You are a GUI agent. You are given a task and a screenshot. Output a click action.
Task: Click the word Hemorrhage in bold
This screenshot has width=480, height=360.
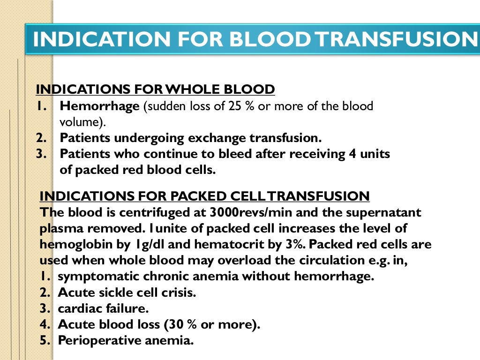tap(100, 106)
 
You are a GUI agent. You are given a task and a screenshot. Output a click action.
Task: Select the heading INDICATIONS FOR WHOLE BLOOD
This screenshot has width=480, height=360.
tap(155, 90)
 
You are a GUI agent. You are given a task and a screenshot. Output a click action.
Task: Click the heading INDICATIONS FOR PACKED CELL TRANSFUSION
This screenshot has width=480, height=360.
tap(205, 196)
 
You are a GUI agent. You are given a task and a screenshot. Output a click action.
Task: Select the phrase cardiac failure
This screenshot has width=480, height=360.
tap(103, 309)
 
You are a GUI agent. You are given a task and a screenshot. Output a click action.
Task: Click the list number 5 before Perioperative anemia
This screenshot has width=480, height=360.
tap(45, 341)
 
